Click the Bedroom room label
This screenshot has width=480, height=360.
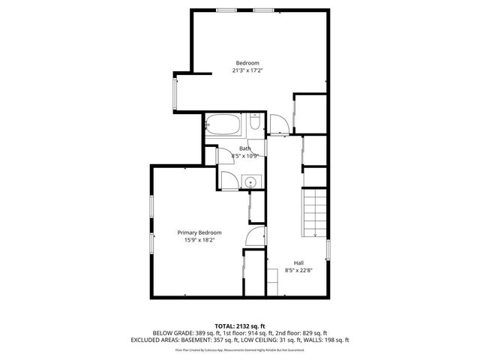[x=247, y=62]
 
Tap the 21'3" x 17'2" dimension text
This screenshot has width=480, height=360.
[x=247, y=70]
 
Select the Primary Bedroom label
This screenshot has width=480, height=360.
[x=199, y=233]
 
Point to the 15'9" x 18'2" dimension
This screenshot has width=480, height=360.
[x=199, y=241]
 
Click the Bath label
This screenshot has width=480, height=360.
[x=245, y=148]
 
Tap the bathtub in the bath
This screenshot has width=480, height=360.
[x=222, y=124]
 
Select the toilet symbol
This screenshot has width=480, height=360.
[x=254, y=124]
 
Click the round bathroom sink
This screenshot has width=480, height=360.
[x=251, y=181]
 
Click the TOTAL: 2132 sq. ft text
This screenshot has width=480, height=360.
[x=240, y=325]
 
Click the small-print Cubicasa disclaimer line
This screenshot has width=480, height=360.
[x=240, y=349]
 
